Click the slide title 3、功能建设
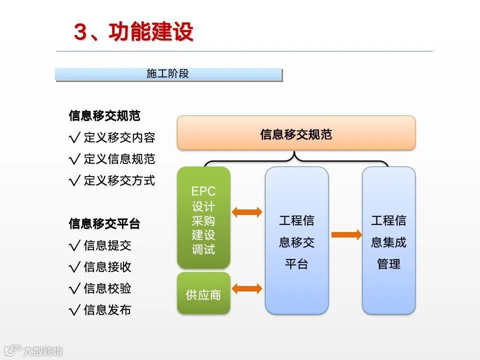[x=133, y=32]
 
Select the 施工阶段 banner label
[x=168, y=74]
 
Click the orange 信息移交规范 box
[x=296, y=133]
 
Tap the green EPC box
[x=203, y=217]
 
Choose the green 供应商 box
[x=203, y=294]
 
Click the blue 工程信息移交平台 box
[x=296, y=240]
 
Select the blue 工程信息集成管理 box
[x=388, y=240]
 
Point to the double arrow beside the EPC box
[x=247, y=212]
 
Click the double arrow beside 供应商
[x=247, y=288]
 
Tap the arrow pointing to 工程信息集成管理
[x=346, y=234]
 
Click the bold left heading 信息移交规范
[x=104, y=116]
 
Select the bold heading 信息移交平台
[x=104, y=223]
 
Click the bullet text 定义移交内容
[x=119, y=137]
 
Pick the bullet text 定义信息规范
[x=119, y=159]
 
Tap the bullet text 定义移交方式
[x=119, y=180]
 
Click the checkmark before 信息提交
[x=75, y=245]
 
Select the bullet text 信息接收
[x=107, y=267]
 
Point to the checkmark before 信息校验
[x=75, y=288]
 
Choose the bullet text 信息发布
[x=107, y=310]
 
